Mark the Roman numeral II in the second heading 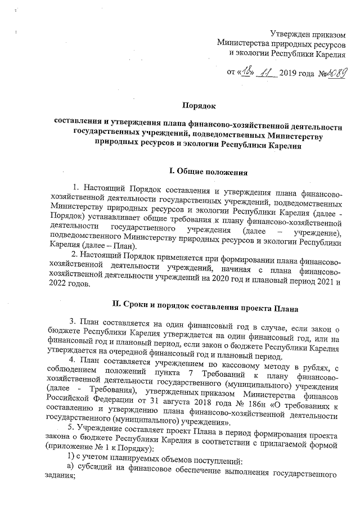(x=118, y=306)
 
